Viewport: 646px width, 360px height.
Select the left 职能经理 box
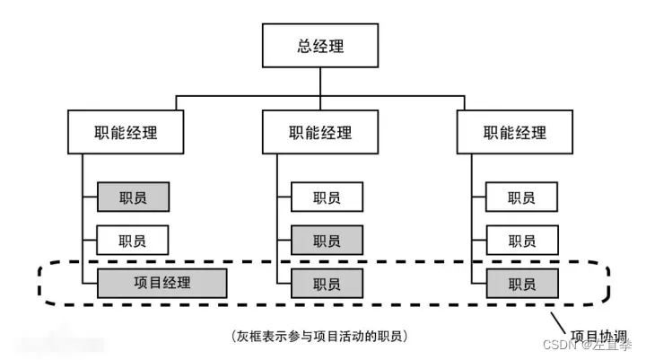(x=126, y=133)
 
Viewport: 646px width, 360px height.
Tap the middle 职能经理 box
(x=320, y=133)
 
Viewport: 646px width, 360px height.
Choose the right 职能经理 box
(x=515, y=133)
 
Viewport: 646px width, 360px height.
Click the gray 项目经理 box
(x=161, y=283)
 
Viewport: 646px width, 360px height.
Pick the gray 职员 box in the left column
(x=133, y=197)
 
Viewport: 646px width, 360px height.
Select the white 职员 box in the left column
(x=133, y=240)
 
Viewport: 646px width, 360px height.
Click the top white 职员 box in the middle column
(x=327, y=197)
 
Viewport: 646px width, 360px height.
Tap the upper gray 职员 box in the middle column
(x=327, y=240)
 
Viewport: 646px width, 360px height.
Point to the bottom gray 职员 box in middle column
(x=327, y=283)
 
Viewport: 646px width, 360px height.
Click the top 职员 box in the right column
(x=521, y=197)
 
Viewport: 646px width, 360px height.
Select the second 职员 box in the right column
(x=521, y=240)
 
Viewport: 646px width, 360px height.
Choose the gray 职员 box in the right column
(x=521, y=283)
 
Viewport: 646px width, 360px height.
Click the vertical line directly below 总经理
(x=320, y=80)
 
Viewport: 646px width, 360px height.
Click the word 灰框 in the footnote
(x=249, y=336)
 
